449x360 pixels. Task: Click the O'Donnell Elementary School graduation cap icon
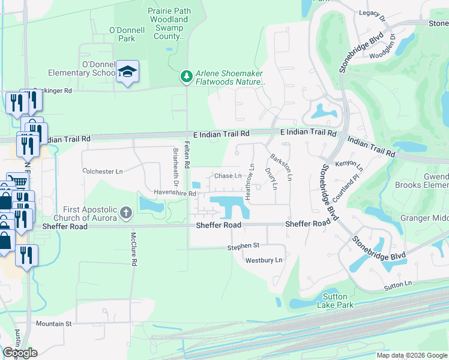click(x=127, y=72)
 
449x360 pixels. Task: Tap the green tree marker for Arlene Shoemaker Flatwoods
click(x=187, y=76)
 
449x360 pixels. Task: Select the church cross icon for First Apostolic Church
click(x=125, y=212)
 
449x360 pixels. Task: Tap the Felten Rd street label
click(x=187, y=154)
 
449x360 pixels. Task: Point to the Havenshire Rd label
click(x=176, y=194)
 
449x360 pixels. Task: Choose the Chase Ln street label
click(x=228, y=176)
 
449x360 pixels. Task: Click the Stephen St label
click(x=243, y=246)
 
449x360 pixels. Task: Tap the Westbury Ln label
click(x=264, y=260)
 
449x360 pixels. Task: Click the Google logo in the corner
click(x=20, y=353)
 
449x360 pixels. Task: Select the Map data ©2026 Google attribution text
click(x=411, y=355)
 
